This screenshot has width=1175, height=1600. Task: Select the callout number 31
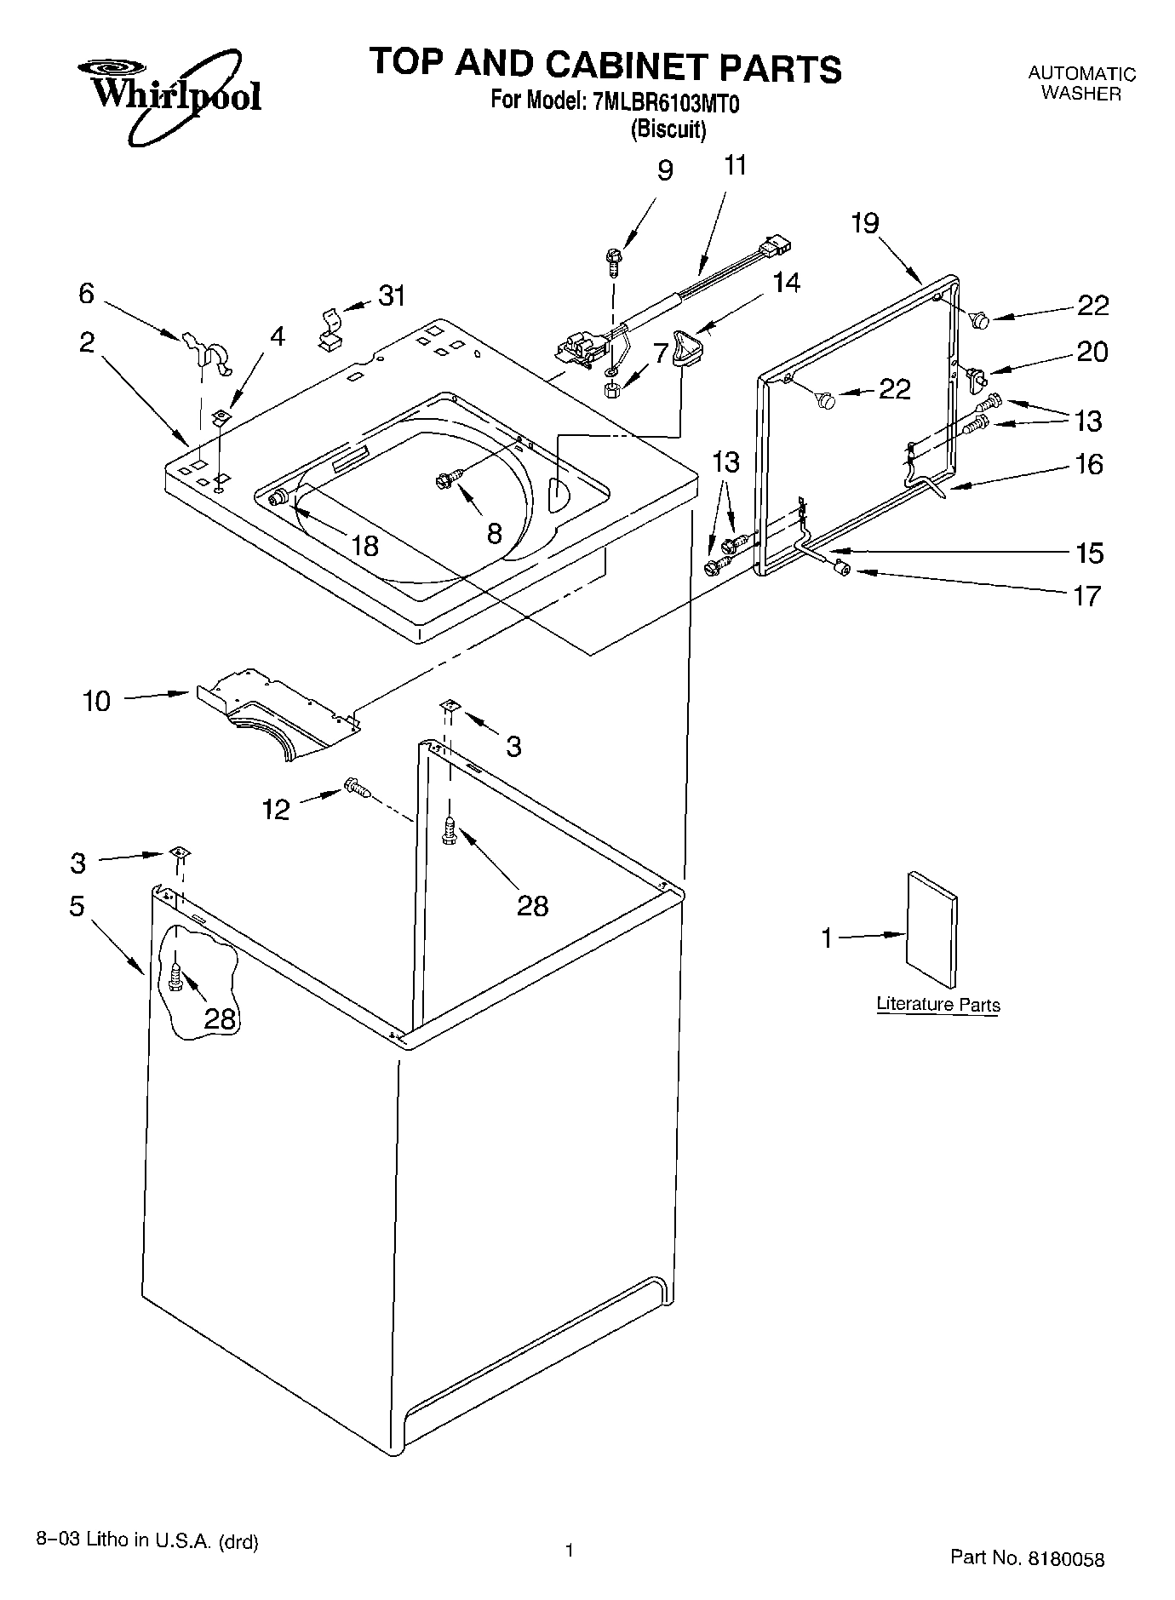tap(392, 295)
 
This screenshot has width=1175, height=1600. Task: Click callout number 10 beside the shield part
tap(97, 701)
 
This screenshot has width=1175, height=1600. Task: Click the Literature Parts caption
tap(937, 1004)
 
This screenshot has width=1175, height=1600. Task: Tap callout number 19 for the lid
tap(864, 223)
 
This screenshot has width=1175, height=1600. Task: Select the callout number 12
tap(276, 809)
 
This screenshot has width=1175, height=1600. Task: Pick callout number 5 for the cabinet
tap(77, 906)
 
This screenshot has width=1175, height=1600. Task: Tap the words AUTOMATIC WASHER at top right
tap(1080, 83)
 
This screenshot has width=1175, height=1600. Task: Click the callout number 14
tap(786, 282)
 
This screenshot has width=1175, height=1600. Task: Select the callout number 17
tap(1086, 595)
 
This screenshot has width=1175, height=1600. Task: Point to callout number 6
tap(86, 293)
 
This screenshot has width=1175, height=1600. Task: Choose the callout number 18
tap(364, 546)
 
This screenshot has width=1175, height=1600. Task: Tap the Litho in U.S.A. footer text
tap(147, 1540)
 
